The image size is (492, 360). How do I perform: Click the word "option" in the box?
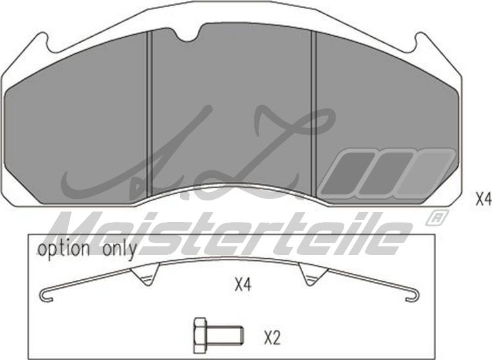(64, 249)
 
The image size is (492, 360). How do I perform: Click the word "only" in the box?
(120, 250)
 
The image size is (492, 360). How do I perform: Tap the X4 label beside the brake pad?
(483, 200)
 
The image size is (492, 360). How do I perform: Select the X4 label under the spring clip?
(243, 285)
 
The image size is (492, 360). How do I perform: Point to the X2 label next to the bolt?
(272, 338)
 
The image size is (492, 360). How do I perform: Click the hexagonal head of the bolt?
(200, 335)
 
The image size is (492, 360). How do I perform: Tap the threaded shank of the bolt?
(225, 335)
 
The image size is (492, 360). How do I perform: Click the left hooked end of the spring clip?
(46, 296)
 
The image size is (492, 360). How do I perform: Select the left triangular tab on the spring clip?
(145, 274)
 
